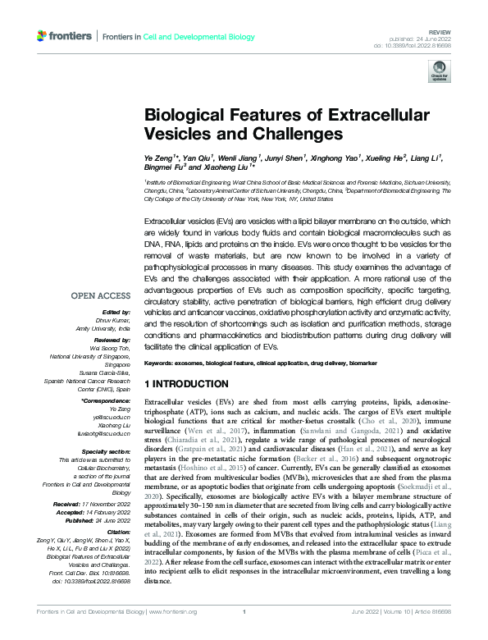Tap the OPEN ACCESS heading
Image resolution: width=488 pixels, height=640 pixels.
[101, 296]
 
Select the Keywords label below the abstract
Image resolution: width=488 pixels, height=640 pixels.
[162, 362]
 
